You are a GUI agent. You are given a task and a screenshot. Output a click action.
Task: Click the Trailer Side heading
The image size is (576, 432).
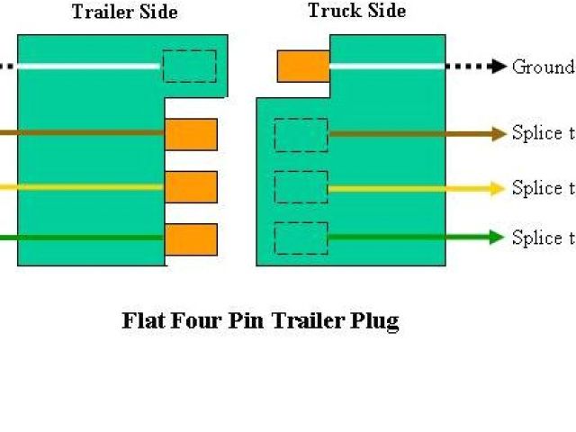124,13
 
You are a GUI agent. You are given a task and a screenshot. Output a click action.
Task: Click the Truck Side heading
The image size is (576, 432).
356,11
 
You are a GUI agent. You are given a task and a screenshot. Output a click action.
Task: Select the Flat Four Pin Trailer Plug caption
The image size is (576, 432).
260,321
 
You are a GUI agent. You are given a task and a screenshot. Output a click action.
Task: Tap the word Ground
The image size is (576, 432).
542,67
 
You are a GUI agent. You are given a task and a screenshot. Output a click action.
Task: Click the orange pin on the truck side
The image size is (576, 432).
302,67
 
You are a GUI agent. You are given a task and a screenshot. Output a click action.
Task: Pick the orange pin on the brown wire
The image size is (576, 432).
191,134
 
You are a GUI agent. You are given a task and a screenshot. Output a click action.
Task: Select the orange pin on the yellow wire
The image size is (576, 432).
191,187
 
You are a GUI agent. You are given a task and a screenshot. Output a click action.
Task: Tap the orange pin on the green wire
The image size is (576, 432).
191,238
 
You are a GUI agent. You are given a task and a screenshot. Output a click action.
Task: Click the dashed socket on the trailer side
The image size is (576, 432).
189,67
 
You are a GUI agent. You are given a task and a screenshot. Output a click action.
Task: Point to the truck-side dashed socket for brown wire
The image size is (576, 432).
301,135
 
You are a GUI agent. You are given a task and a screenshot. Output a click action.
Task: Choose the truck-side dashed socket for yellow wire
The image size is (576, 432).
301,187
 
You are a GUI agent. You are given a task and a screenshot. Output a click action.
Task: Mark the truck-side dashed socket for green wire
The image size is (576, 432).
301,238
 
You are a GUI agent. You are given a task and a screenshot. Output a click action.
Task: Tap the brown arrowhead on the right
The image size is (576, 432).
498,135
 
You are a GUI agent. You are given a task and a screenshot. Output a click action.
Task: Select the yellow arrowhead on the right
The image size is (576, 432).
496,189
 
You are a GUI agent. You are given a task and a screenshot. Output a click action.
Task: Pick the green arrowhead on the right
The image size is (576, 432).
496,238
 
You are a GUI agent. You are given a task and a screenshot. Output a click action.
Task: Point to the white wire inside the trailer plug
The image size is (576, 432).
90,66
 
